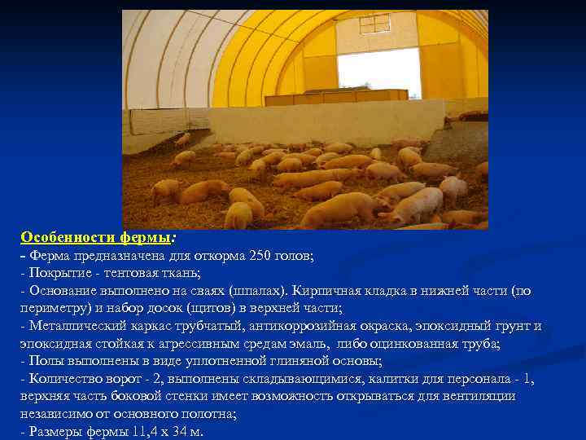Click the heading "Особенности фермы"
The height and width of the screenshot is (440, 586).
[96, 237]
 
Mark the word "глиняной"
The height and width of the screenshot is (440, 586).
[279, 361]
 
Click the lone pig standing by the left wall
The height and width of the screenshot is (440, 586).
[183, 139]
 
